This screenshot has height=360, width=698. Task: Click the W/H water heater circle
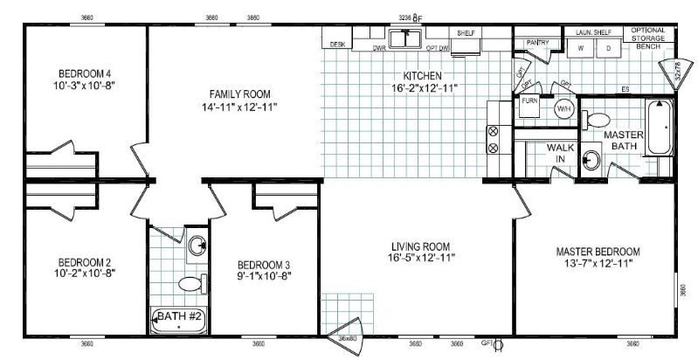563,109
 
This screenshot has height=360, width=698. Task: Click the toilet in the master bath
598,119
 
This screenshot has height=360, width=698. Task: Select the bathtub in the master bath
656,128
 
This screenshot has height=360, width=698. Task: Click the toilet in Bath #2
190,283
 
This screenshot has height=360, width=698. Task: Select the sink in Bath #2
198,244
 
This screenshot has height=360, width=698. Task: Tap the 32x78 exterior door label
679,73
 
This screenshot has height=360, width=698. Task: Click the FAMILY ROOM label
238,93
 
